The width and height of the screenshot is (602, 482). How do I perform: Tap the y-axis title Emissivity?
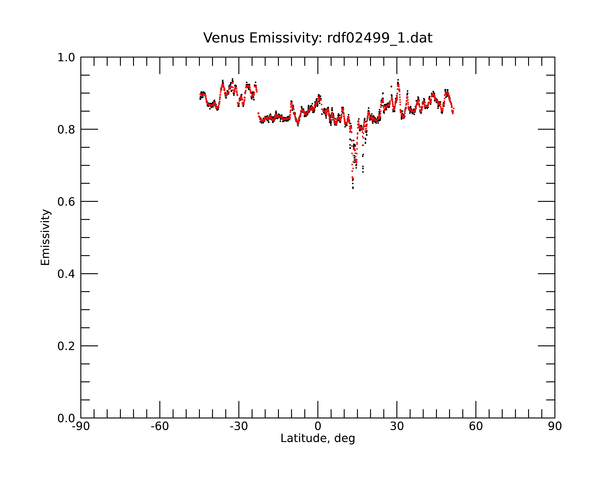point(45,237)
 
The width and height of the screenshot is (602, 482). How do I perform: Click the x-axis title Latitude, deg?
point(318,438)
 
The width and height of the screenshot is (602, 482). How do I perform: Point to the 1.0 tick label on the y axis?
point(66,58)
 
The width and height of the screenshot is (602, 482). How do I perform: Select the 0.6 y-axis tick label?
point(66,202)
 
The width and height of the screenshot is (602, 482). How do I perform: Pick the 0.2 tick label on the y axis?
point(66,346)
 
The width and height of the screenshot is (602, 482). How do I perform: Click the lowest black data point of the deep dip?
point(353,188)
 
